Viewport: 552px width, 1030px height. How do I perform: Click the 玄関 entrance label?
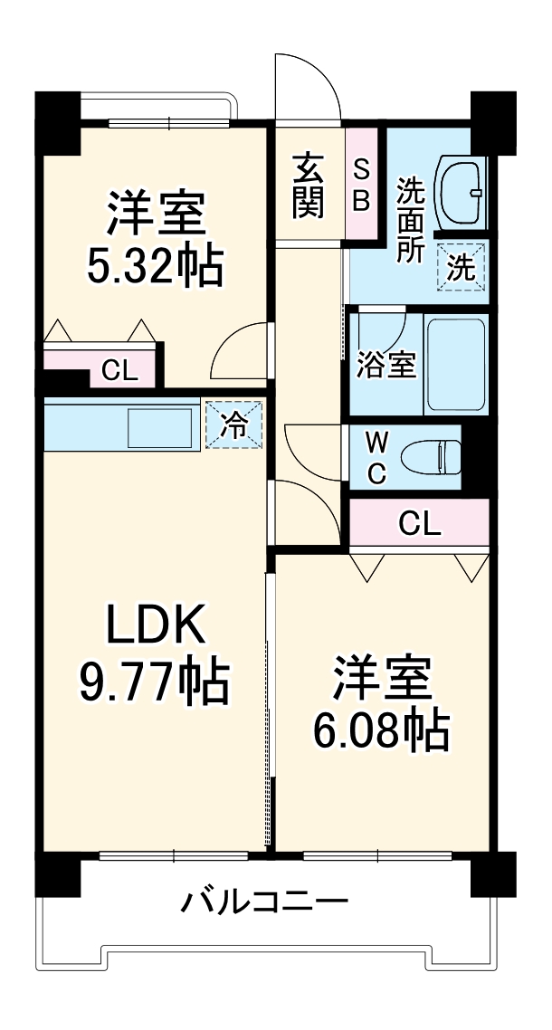click(x=308, y=186)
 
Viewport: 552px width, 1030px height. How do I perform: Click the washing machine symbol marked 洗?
click(x=462, y=267)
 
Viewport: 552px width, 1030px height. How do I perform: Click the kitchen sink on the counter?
click(x=160, y=425)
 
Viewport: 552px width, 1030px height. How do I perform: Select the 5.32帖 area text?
click(x=156, y=264)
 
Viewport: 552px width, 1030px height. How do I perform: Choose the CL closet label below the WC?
click(x=420, y=523)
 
